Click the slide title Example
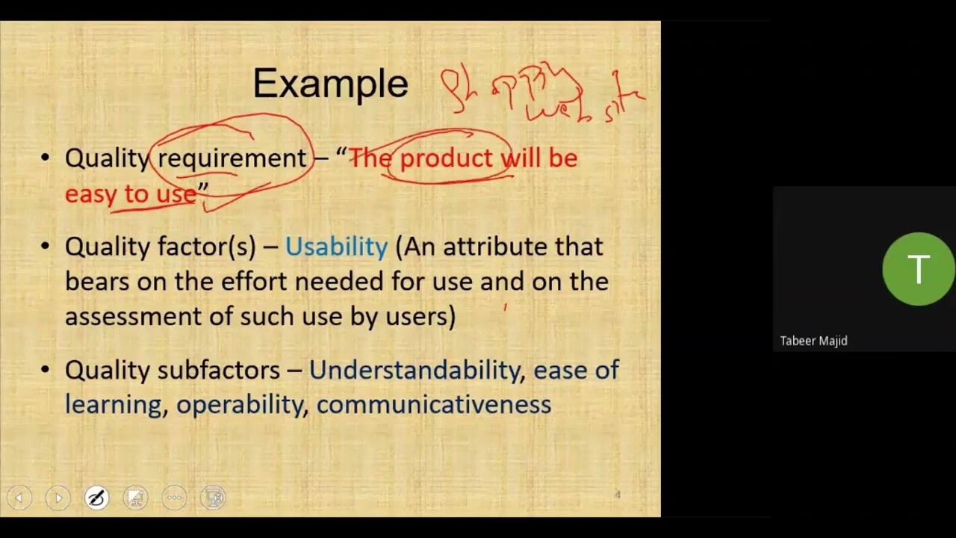click(330, 84)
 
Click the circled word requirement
click(232, 158)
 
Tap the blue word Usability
click(336, 247)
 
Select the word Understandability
click(415, 370)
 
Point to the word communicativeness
click(433, 404)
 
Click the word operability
click(240, 404)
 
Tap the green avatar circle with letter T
click(917, 269)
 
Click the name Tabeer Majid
click(813, 341)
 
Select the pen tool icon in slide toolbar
click(96, 498)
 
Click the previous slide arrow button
click(19, 498)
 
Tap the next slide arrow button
click(58, 498)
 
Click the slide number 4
click(618, 495)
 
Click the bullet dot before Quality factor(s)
click(46, 247)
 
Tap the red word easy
click(92, 194)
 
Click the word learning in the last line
click(113, 404)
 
